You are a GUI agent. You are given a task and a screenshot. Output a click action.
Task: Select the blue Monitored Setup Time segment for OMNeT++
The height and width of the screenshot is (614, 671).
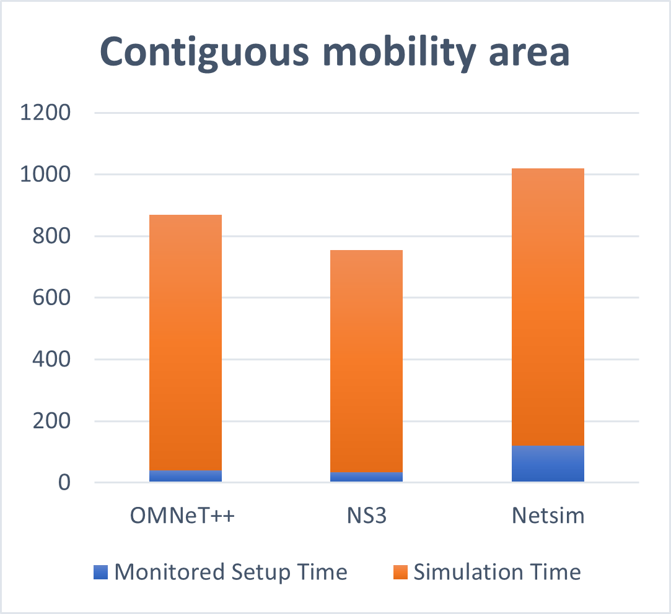click(x=185, y=476)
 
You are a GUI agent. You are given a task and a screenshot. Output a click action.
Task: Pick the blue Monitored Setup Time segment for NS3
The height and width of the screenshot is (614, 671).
click(x=366, y=477)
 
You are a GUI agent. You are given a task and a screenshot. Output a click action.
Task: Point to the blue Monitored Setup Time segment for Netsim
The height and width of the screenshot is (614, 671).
click(x=548, y=464)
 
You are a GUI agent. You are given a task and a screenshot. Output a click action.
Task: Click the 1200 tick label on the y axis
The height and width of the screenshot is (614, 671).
click(x=46, y=113)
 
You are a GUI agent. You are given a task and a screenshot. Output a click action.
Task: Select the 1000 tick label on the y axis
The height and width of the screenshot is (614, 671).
click(x=46, y=175)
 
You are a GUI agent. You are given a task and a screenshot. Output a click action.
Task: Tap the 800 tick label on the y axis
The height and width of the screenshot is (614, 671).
click(x=53, y=236)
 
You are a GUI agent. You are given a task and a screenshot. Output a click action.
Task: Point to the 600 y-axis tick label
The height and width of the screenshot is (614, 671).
click(x=53, y=298)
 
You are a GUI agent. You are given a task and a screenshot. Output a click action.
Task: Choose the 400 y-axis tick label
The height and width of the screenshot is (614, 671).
click(x=53, y=360)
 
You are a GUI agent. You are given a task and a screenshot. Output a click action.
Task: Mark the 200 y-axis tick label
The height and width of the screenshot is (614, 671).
click(x=53, y=422)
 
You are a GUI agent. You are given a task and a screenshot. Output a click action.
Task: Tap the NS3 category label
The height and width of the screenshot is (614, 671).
click(x=366, y=516)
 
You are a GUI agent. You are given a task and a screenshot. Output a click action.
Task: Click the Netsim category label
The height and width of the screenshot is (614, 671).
click(x=548, y=516)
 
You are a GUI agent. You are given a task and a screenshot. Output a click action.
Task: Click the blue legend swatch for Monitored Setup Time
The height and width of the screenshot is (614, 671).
click(x=102, y=572)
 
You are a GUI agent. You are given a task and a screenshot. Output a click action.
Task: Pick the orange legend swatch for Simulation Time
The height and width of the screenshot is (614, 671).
click(x=401, y=572)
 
